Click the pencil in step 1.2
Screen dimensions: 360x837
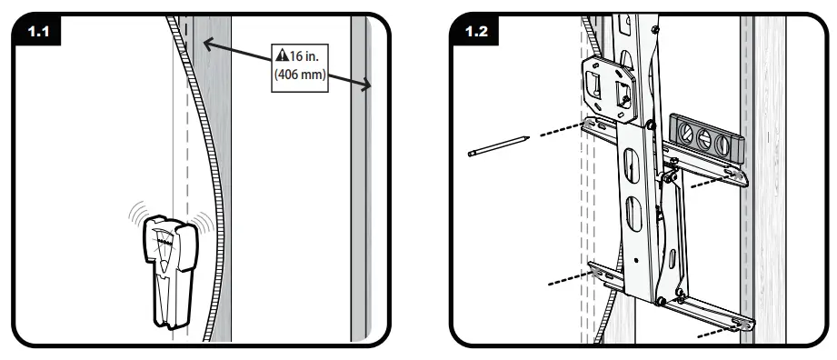pos(499,145)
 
